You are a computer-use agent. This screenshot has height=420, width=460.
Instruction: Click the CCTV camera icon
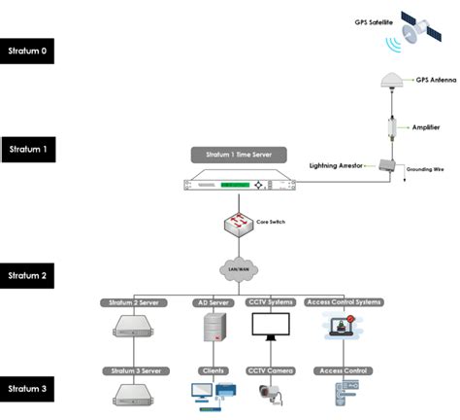271,395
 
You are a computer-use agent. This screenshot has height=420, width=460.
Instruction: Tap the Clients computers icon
212,394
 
